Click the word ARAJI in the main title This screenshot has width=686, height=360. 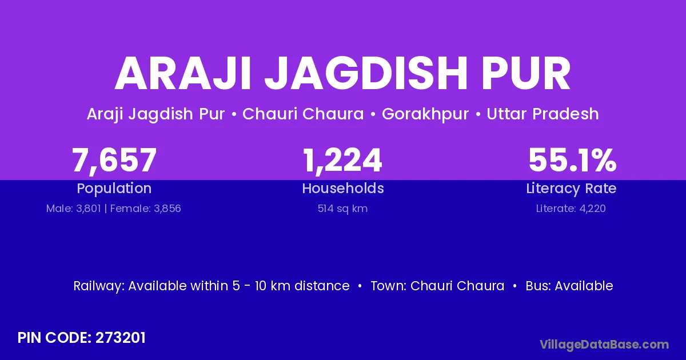click(x=183, y=74)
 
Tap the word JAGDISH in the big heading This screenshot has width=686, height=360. click(x=366, y=74)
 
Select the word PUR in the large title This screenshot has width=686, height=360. click(x=526, y=74)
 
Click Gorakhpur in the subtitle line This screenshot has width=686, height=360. click(x=425, y=114)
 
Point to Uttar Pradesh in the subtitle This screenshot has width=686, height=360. click(x=543, y=114)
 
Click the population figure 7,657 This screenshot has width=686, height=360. click(x=114, y=161)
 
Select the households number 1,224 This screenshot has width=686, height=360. click(x=342, y=161)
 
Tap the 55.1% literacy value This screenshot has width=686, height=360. click(x=572, y=160)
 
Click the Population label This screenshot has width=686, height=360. click(x=114, y=189)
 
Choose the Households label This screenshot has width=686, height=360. click(x=343, y=188)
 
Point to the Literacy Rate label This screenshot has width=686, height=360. click(x=571, y=189)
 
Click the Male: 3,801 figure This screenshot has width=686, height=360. click(x=74, y=209)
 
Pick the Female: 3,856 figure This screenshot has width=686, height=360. click(x=145, y=209)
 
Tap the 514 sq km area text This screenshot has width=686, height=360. click(x=342, y=209)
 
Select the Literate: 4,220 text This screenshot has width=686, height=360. click(x=571, y=209)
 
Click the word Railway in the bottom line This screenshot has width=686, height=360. click(x=98, y=286)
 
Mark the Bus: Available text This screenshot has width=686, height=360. click(x=569, y=286)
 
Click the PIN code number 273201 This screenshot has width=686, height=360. click(x=121, y=338)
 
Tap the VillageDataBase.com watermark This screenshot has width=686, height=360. click(x=604, y=345)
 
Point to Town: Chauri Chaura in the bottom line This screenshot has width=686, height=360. click(x=437, y=286)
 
